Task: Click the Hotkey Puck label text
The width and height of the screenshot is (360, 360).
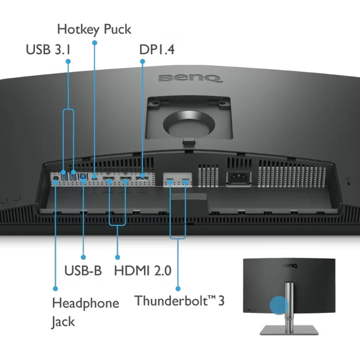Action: coord(94,30)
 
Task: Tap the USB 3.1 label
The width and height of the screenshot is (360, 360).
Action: coord(48,49)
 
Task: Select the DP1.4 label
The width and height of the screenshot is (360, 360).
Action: coord(157,49)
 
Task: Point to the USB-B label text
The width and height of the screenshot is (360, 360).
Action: coord(83,270)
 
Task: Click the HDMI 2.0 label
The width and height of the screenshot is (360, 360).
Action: coord(143,270)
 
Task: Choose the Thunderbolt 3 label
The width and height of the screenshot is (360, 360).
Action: coord(180,300)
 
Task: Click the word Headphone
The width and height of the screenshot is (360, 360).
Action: coord(86,304)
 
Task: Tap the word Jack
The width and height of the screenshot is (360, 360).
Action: coord(63,322)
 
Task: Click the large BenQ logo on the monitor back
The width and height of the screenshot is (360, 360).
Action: coord(190,78)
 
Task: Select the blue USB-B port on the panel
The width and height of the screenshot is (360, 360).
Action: coord(83,177)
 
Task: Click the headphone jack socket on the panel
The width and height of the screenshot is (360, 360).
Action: coord(55,178)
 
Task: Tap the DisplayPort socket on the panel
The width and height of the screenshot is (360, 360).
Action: coord(142,178)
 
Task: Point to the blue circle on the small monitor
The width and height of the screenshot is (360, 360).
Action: coord(279,305)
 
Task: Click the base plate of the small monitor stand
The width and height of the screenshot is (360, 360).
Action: coord(289,330)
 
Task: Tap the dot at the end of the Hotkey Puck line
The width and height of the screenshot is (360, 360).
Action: coord(95,43)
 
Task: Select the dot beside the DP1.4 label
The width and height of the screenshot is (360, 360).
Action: coord(142,61)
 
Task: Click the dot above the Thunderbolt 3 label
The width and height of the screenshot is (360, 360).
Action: coord(178,289)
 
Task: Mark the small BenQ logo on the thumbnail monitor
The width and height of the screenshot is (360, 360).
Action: coord(290,266)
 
